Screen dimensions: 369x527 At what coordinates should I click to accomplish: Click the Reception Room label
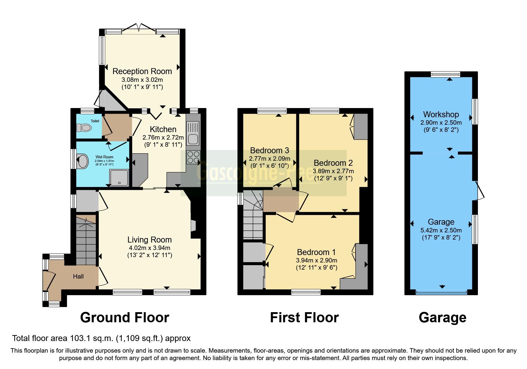pos(142,71)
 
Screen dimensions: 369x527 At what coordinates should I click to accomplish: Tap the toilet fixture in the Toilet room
pos(84,128)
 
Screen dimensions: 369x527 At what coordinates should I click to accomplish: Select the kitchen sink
pos(193,139)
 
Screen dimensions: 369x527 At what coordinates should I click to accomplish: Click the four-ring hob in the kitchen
pos(193,157)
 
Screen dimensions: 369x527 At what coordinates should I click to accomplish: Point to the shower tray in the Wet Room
pos(119,178)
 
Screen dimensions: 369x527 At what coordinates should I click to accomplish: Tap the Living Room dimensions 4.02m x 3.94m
pos(149,248)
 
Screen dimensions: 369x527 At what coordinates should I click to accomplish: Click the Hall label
pos(78,276)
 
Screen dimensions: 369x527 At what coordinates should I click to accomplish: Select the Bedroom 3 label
pos(269,151)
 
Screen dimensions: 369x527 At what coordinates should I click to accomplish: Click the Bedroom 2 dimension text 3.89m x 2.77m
pos(333,171)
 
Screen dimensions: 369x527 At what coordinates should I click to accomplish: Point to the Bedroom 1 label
pos(316,252)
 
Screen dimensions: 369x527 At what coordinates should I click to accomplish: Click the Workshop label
pos(441,115)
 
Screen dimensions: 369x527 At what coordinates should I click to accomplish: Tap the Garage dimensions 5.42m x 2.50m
pos(441,230)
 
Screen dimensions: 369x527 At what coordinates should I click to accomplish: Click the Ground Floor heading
pos(125,318)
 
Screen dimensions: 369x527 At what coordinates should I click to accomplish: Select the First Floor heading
pos(304,318)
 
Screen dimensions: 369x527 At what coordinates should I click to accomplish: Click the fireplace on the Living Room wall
pos(193,225)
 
